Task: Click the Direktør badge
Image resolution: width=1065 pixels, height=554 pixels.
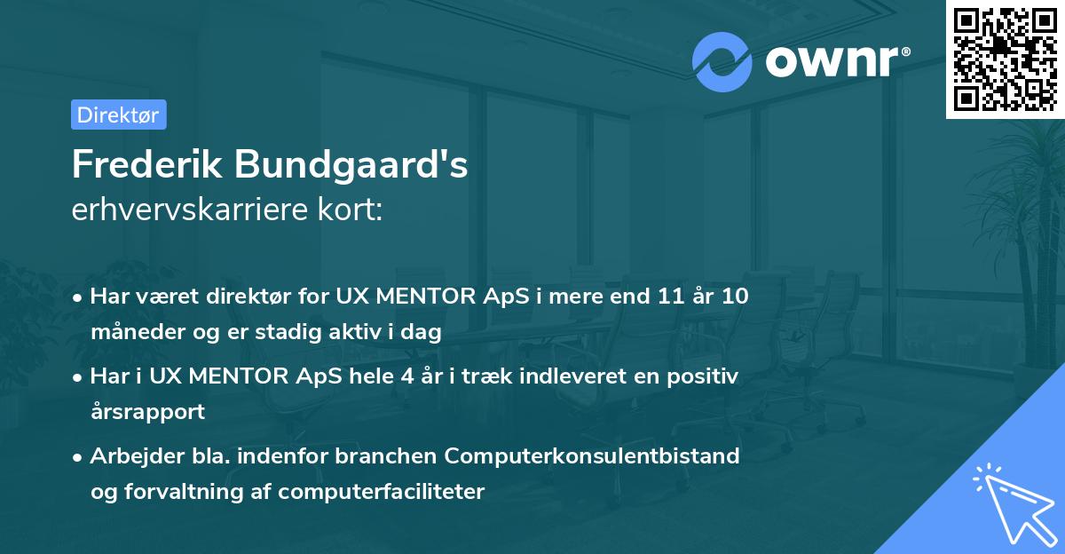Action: (118, 115)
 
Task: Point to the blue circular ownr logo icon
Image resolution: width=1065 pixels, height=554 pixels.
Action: (722, 62)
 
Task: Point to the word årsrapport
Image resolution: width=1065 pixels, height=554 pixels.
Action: (147, 412)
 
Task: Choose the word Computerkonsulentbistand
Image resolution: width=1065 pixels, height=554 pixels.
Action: (592, 456)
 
